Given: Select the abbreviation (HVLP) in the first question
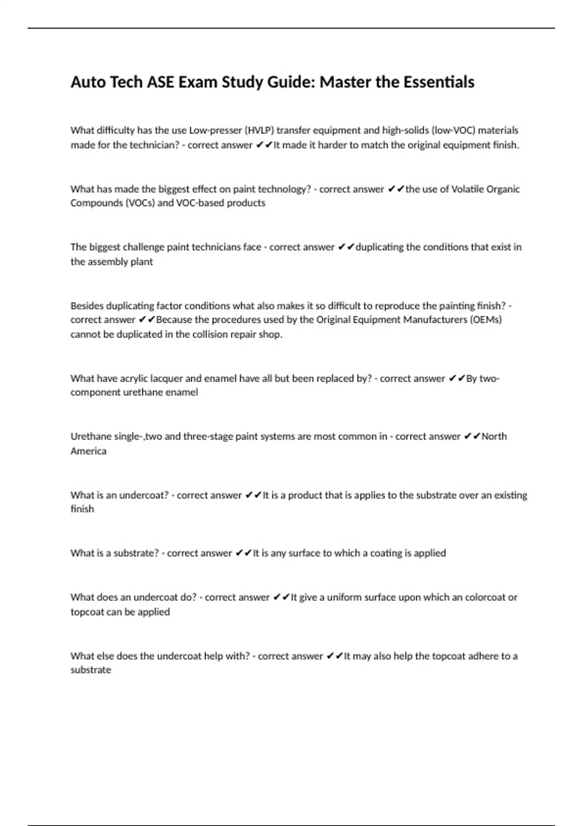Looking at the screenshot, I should [259, 130].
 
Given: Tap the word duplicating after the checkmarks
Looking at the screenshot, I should [379, 247].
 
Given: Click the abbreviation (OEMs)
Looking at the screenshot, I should [485, 320].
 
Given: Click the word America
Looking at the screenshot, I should [88, 451].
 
